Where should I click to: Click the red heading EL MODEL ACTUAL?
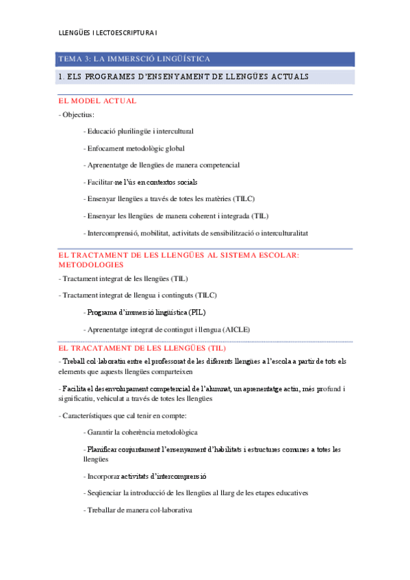point(98,101)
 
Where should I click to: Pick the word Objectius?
point(79,115)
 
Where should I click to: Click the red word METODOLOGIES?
point(91,264)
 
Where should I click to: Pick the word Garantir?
point(100,432)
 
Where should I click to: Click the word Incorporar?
point(103,476)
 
